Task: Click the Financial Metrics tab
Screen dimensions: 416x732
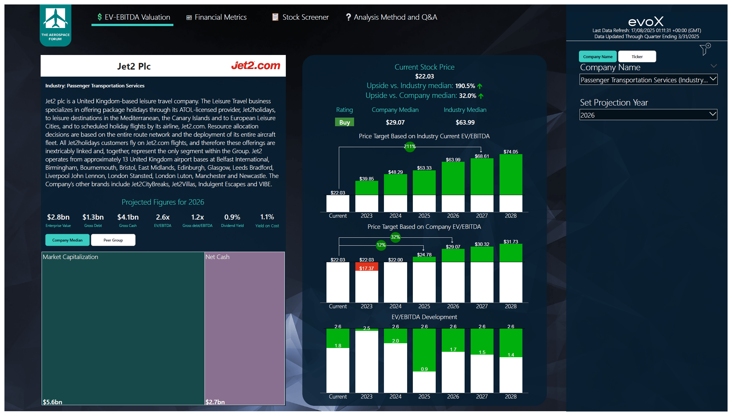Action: (216, 17)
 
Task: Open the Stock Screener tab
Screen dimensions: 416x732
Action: (300, 17)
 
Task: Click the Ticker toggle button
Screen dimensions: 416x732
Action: (637, 57)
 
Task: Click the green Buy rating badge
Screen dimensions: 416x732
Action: (344, 122)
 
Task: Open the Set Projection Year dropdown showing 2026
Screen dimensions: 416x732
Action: (648, 115)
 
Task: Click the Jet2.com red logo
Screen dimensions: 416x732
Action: (255, 65)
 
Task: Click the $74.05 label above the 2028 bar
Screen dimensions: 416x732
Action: (510, 152)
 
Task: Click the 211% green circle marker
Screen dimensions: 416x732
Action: (410, 147)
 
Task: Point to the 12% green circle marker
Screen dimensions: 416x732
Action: (381, 245)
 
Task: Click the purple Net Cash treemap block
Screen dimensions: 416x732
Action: (245, 327)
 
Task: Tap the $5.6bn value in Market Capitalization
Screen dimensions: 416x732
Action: (52, 402)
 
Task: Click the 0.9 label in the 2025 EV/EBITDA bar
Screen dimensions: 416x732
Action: (424, 369)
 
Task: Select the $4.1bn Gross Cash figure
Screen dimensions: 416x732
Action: (128, 217)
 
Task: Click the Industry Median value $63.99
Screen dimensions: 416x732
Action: (465, 122)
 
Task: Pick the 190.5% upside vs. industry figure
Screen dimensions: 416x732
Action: (465, 86)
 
